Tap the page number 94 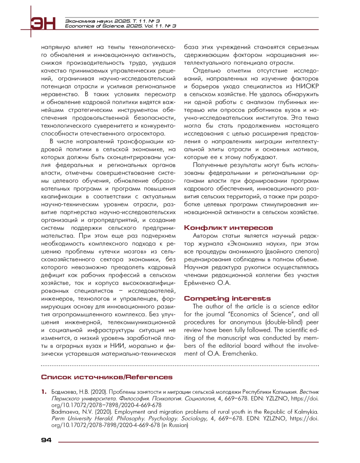point(46,440)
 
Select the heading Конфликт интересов point(228,228)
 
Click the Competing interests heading point(227,299)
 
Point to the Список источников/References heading point(107,377)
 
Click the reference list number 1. point(44,392)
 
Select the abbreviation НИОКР point(307,86)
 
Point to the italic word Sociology point(194,419)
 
